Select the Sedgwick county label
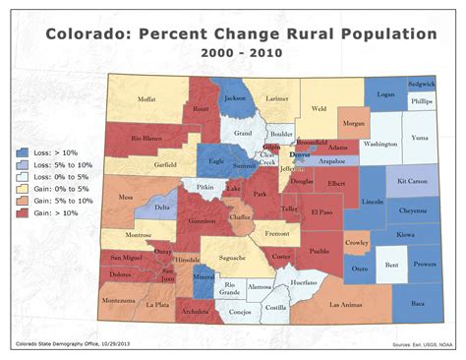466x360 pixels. tap(421, 86)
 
